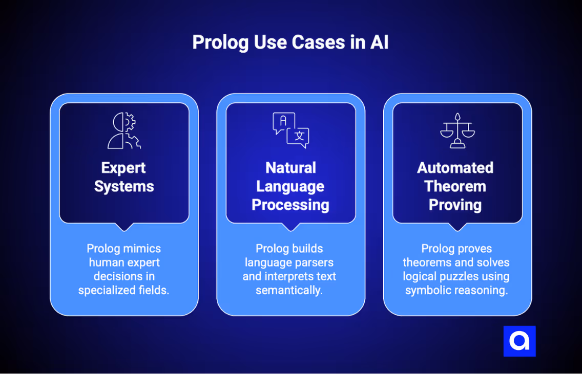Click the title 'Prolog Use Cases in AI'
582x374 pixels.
coord(290,42)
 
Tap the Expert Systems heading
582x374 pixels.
coord(124,177)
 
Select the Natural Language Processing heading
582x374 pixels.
coord(290,186)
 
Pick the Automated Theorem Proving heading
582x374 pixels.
coord(455,186)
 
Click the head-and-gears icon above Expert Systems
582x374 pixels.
coord(124,131)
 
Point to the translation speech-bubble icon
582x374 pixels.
coord(290,130)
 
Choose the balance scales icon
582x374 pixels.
coord(458,131)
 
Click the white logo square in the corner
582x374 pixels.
coord(519,341)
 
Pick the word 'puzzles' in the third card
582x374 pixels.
coord(464,276)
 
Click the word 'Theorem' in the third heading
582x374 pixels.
coord(455,186)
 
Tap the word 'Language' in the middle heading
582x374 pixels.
coord(290,186)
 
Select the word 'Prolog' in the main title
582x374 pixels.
coord(221,42)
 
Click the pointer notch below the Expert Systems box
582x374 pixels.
coord(124,227)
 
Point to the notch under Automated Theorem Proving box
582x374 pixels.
coord(458,227)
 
